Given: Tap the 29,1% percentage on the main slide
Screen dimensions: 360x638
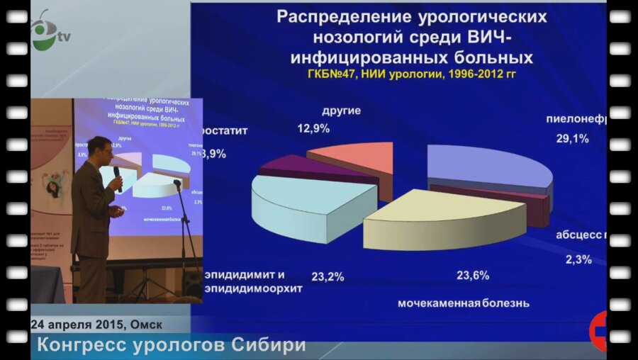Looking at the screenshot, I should (x=572, y=139).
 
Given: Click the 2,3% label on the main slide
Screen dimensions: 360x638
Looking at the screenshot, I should (x=578, y=259).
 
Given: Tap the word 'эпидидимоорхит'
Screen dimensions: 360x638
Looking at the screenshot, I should (x=254, y=289).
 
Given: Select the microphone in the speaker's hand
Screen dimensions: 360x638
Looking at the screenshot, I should (x=118, y=176).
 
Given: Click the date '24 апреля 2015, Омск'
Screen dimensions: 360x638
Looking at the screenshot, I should (x=96, y=325).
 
